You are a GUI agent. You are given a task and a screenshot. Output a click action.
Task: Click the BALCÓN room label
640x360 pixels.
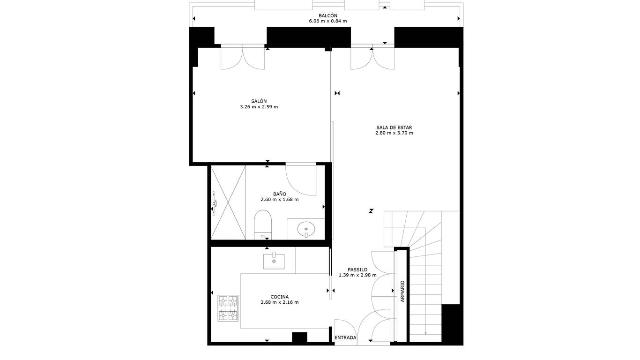pos(327,16)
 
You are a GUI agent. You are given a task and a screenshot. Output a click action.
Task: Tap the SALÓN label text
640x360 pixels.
pos(259,101)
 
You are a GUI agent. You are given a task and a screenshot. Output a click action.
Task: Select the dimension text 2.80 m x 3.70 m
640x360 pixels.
pos(394,133)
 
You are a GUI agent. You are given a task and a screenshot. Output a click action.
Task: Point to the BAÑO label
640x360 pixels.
pos(279,194)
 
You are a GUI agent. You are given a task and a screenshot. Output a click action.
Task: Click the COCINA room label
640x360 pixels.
pos(279,297)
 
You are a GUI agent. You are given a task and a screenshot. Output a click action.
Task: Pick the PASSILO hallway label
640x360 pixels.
pos(357,270)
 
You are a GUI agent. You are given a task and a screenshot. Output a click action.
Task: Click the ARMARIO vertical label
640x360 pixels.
pos(402,292)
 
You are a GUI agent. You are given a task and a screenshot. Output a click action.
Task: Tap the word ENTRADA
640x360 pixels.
pos(345,337)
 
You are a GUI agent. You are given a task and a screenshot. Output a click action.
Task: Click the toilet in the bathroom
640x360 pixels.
pos(262,225)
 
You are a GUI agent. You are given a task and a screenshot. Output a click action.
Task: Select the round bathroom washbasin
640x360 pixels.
pos(306,229)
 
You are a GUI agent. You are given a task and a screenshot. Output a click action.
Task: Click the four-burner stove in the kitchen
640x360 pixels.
pos(228,308)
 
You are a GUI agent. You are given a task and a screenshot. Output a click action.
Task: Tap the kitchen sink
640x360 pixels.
pos(274,261)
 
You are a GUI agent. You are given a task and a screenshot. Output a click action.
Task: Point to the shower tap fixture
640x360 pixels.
pos(214,203)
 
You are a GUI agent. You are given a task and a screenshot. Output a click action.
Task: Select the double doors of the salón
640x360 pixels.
pos(243,57)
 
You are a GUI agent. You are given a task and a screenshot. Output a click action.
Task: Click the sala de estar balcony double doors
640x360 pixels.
pos(372,57)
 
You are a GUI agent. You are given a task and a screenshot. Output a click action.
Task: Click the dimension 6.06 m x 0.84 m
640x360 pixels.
pos(327,21)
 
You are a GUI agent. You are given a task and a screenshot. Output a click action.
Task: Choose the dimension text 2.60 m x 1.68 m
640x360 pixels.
pos(279,200)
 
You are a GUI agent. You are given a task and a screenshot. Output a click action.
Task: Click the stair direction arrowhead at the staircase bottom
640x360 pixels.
pos(425,333)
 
